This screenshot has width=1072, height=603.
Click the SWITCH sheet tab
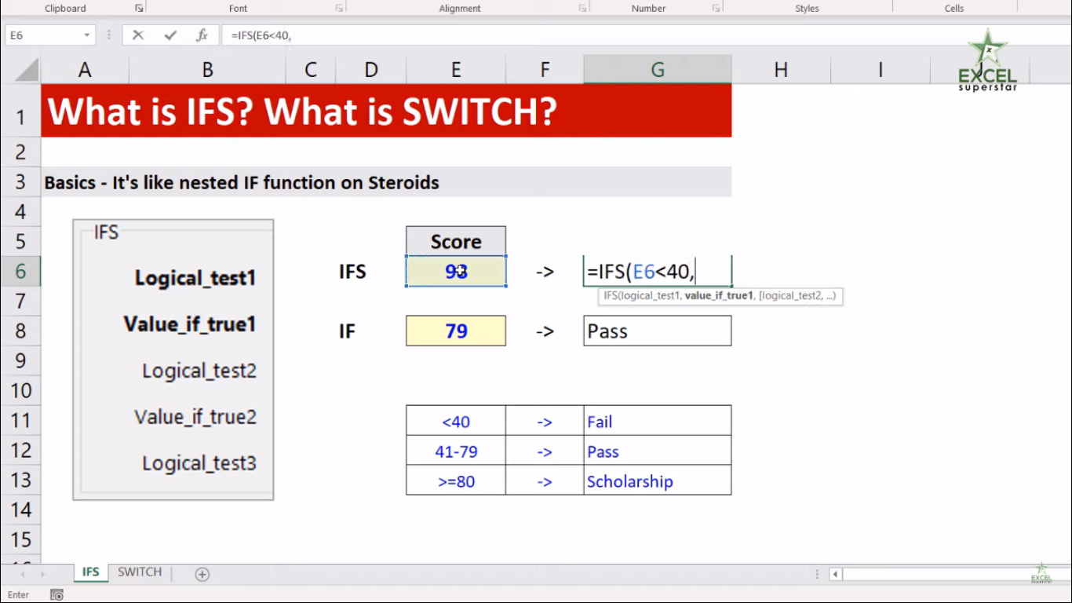pos(140,572)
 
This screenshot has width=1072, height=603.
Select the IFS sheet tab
pos(90,572)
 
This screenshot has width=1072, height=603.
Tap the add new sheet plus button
pos(202,574)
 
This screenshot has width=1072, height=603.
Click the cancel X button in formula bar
pos(138,35)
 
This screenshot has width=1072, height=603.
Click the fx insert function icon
pos(202,35)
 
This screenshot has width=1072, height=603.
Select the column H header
pos(781,70)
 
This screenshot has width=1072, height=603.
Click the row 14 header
pos(20,510)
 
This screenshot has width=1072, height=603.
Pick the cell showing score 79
pos(456,331)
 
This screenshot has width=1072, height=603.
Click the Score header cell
pos(456,241)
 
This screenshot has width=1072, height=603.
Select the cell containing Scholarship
pos(657,481)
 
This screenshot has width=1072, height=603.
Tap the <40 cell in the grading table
pos(456,421)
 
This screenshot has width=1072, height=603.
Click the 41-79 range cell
pos(456,451)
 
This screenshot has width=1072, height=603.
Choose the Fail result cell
pos(657,421)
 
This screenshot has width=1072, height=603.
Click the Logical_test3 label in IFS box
pos(199,463)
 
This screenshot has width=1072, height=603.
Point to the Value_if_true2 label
pos(195,417)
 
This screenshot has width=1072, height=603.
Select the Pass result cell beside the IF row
pos(657,331)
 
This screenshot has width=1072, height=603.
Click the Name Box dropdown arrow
pos(86,35)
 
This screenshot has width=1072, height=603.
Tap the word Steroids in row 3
pos(403,182)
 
